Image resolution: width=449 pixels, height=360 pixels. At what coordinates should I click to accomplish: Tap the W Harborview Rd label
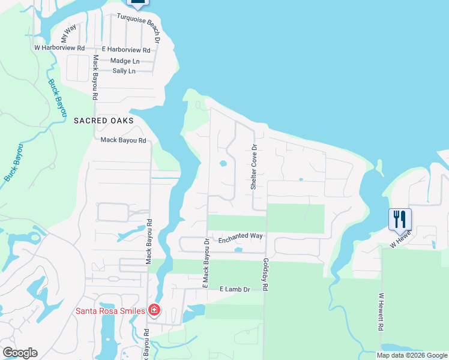pyautogui.click(x=59, y=47)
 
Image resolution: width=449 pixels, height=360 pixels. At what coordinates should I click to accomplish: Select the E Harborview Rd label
pyautogui.click(x=125, y=50)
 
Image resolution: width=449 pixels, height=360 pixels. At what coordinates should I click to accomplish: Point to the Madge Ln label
pyautogui.click(x=125, y=61)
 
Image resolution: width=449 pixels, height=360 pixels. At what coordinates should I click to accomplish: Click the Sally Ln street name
pyautogui.click(x=124, y=71)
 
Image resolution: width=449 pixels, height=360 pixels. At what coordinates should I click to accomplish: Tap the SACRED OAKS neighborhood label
pyautogui.click(x=103, y=121)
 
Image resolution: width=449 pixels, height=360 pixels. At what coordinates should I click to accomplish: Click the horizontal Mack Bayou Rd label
pyautogui.click(x=123, y=140)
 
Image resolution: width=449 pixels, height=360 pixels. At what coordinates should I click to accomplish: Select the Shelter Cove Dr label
pyautogui.click(x=254, y=167)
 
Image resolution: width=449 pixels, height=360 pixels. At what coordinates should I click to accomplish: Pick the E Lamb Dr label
pyautogui.click(x=237, y=289)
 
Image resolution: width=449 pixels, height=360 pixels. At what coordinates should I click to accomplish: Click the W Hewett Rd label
pyautogui.click(x=381, y=313)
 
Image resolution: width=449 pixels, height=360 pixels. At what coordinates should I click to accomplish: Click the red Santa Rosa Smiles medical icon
pyautogui.click(x=154, y=310)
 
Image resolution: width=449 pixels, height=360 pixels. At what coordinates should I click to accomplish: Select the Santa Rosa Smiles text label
pyautogui.click(x=109, y=310)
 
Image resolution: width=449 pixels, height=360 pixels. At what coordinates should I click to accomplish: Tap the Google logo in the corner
pyautogui.click(x=20, y=353)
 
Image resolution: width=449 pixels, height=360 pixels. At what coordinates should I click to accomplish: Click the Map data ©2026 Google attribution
pyautogui.click(x=412, y=355)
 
